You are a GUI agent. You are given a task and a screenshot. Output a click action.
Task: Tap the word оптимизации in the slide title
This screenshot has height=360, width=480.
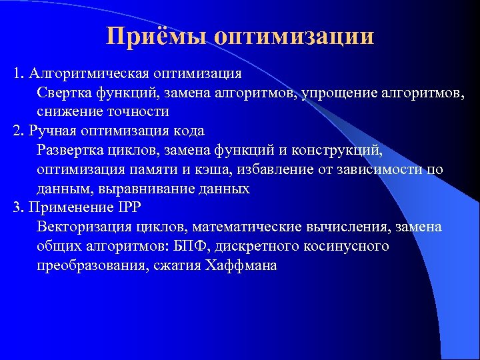295,36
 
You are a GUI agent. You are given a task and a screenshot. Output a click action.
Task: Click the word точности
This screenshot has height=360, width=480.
139,111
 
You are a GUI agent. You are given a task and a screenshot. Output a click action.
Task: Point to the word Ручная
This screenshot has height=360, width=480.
51,130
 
